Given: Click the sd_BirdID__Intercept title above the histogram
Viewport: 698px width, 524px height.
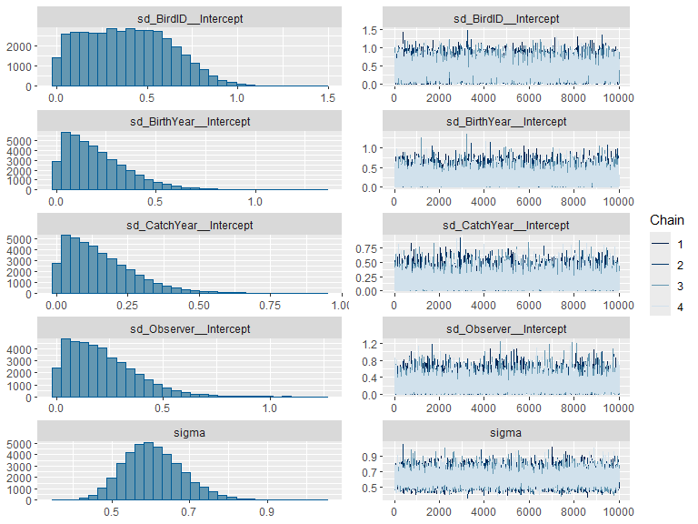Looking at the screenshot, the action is point(190,19).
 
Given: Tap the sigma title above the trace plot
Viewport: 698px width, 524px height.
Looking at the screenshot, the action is point(505,433).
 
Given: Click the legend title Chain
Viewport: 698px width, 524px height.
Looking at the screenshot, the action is point(666,220).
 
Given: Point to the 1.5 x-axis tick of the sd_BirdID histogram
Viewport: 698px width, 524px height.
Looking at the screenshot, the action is point(327,98).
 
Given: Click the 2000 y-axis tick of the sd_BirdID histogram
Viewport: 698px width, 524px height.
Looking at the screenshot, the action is point(19,46).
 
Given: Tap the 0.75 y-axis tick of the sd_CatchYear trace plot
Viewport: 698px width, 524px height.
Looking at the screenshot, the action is point(366,248).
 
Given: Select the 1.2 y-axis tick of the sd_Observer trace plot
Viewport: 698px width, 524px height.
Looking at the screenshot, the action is point(370,344).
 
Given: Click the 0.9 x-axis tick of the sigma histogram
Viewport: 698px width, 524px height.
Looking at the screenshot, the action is point(266,512).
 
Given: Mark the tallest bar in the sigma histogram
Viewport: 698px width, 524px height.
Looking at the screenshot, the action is point(149,471).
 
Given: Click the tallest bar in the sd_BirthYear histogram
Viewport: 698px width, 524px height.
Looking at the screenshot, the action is point(65,161).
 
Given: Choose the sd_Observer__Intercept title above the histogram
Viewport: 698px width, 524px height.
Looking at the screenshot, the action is point(190,328).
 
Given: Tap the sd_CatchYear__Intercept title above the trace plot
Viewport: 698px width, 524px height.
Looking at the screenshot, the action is point(505,226).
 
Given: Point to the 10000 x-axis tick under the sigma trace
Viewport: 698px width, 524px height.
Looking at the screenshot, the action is point(618,512).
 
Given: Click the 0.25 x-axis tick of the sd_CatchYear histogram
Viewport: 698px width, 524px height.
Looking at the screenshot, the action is point(127,306).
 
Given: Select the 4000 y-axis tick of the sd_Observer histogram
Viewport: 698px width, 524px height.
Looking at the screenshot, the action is point(19,349).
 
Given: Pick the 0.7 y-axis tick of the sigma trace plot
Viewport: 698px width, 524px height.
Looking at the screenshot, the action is point(370,472).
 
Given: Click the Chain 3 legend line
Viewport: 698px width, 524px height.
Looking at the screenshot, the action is point(660,286).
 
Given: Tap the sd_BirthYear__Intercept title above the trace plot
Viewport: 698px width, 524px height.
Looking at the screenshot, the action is point(505,122).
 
